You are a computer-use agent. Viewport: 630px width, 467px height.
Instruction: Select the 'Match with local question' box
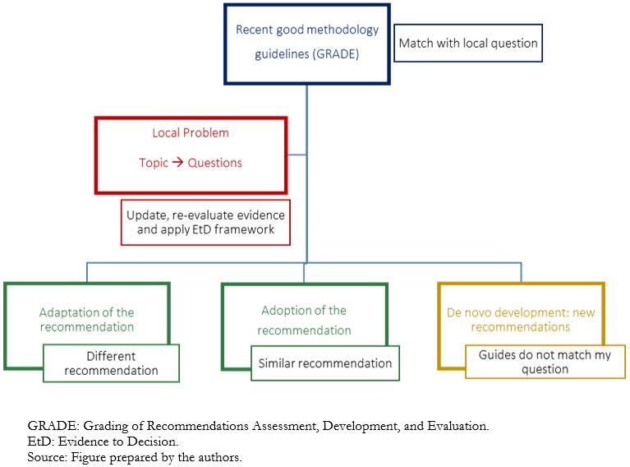(x=468, y=43)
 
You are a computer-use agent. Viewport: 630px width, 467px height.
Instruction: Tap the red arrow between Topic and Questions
(x=177, y=163)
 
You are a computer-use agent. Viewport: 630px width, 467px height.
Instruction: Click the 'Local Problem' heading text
(x=191, y=132)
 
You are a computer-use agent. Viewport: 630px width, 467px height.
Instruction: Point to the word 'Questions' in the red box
(x=215, y=163)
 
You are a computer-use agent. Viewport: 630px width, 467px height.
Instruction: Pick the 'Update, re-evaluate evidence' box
(x=205, y=223)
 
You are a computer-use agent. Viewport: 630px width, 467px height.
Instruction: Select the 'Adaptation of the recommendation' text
(x=87, y=320)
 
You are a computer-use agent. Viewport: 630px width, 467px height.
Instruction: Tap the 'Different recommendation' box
(x=111, y=363)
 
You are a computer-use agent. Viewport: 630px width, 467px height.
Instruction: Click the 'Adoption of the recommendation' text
(x=304, y=320)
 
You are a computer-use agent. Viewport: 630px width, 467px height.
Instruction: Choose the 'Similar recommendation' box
(x=325, y=363)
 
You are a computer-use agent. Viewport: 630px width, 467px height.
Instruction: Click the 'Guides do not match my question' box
(x=545, y=362)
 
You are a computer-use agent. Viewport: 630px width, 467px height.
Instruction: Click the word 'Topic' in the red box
(x=154, y=163)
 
